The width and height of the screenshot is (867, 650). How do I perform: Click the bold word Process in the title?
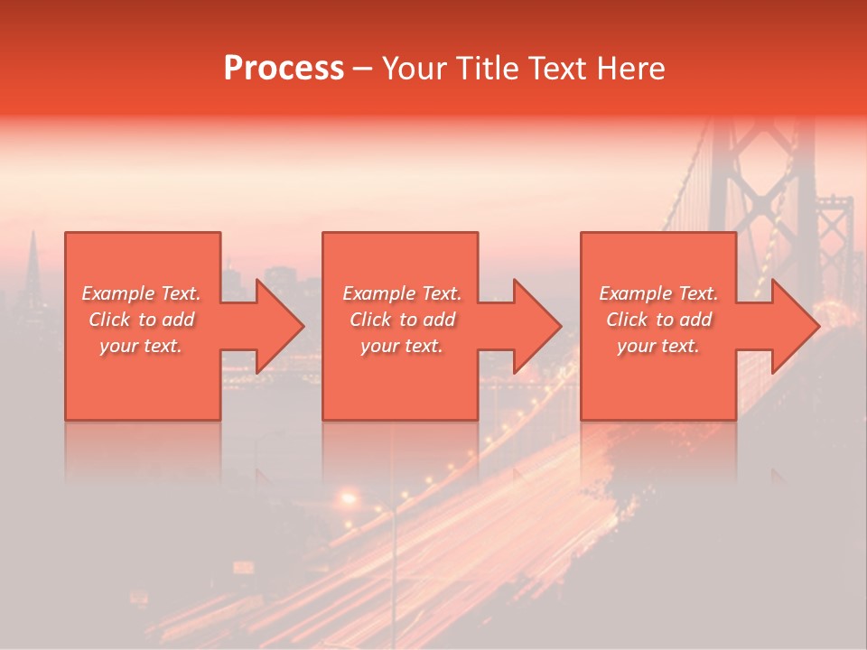tap(284, 69)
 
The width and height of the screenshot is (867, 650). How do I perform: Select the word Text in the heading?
tap(557, 69)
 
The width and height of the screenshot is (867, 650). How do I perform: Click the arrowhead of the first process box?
tap(281, 326)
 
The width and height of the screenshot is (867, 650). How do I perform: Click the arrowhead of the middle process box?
tap(538, 326)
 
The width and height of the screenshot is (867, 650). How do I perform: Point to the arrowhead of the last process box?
tap(796, 326)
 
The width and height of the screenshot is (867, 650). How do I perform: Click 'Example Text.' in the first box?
tap(142, 293)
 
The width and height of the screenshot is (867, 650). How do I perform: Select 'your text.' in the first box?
tap(142, 346)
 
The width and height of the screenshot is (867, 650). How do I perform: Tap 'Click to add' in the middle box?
tap(403, 320)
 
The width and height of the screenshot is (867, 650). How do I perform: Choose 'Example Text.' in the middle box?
tap(403, 293)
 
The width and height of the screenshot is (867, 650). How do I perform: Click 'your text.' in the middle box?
tap(403, 346)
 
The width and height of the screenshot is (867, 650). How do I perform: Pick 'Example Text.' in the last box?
tap(659, 293)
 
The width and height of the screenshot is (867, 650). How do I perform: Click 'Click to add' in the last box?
tap(659, 320)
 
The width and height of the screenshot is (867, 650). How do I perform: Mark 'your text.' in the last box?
tap(659, 346)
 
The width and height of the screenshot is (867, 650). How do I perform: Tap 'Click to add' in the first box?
tap(142, 320)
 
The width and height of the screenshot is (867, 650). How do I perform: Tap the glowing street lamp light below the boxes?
tap(348, 497)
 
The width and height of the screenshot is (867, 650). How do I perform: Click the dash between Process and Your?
tap(362, 69)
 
